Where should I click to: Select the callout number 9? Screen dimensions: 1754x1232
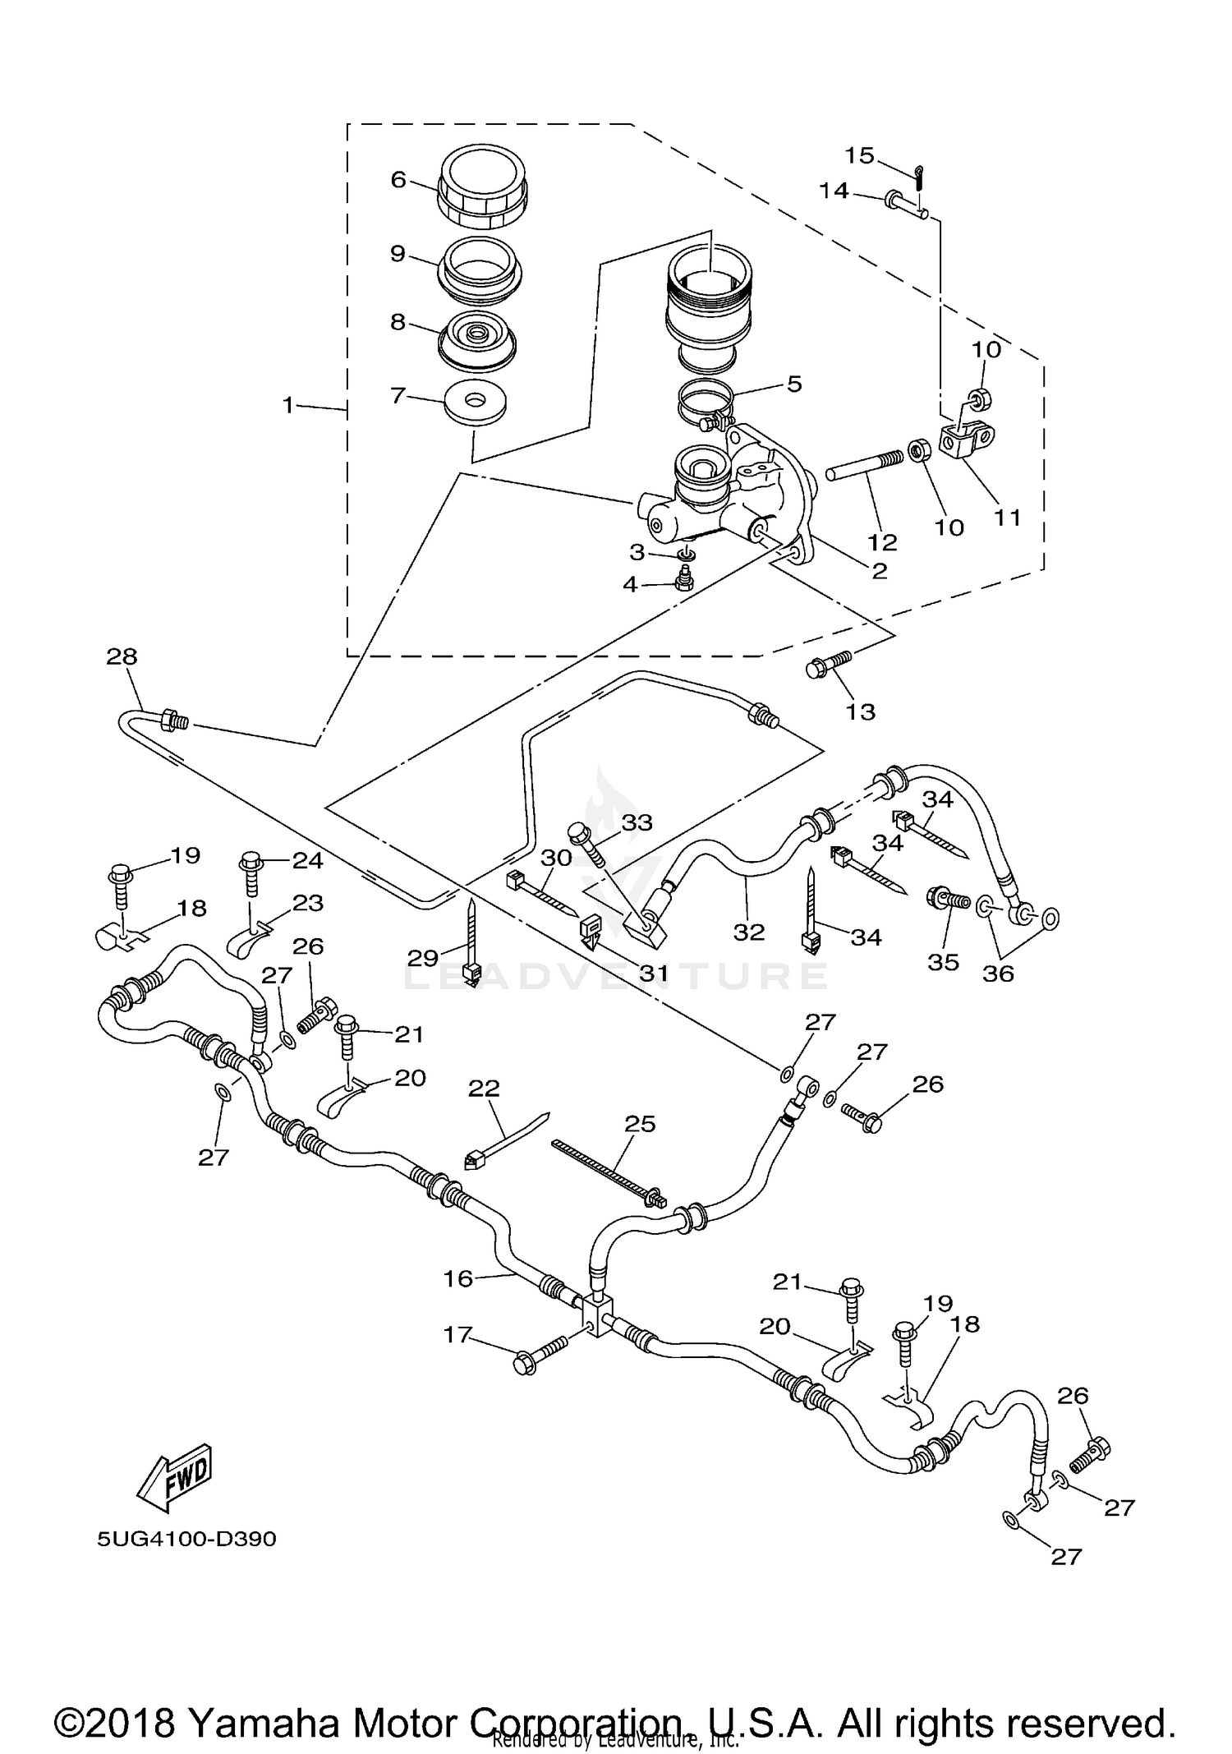coord(398,253)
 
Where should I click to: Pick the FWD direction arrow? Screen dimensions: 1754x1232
coord(174,1479)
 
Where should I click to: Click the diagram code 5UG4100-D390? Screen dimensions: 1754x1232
coord(186,1539)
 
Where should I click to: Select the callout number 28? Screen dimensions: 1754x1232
coord(122,656)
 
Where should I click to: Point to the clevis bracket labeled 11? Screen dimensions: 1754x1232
coord(967,437)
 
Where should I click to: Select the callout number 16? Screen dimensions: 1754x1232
coord(458,1278)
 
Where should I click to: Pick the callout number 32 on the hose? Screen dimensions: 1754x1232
coord(748,932)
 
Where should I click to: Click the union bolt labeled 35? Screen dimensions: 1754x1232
coord(947,899)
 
